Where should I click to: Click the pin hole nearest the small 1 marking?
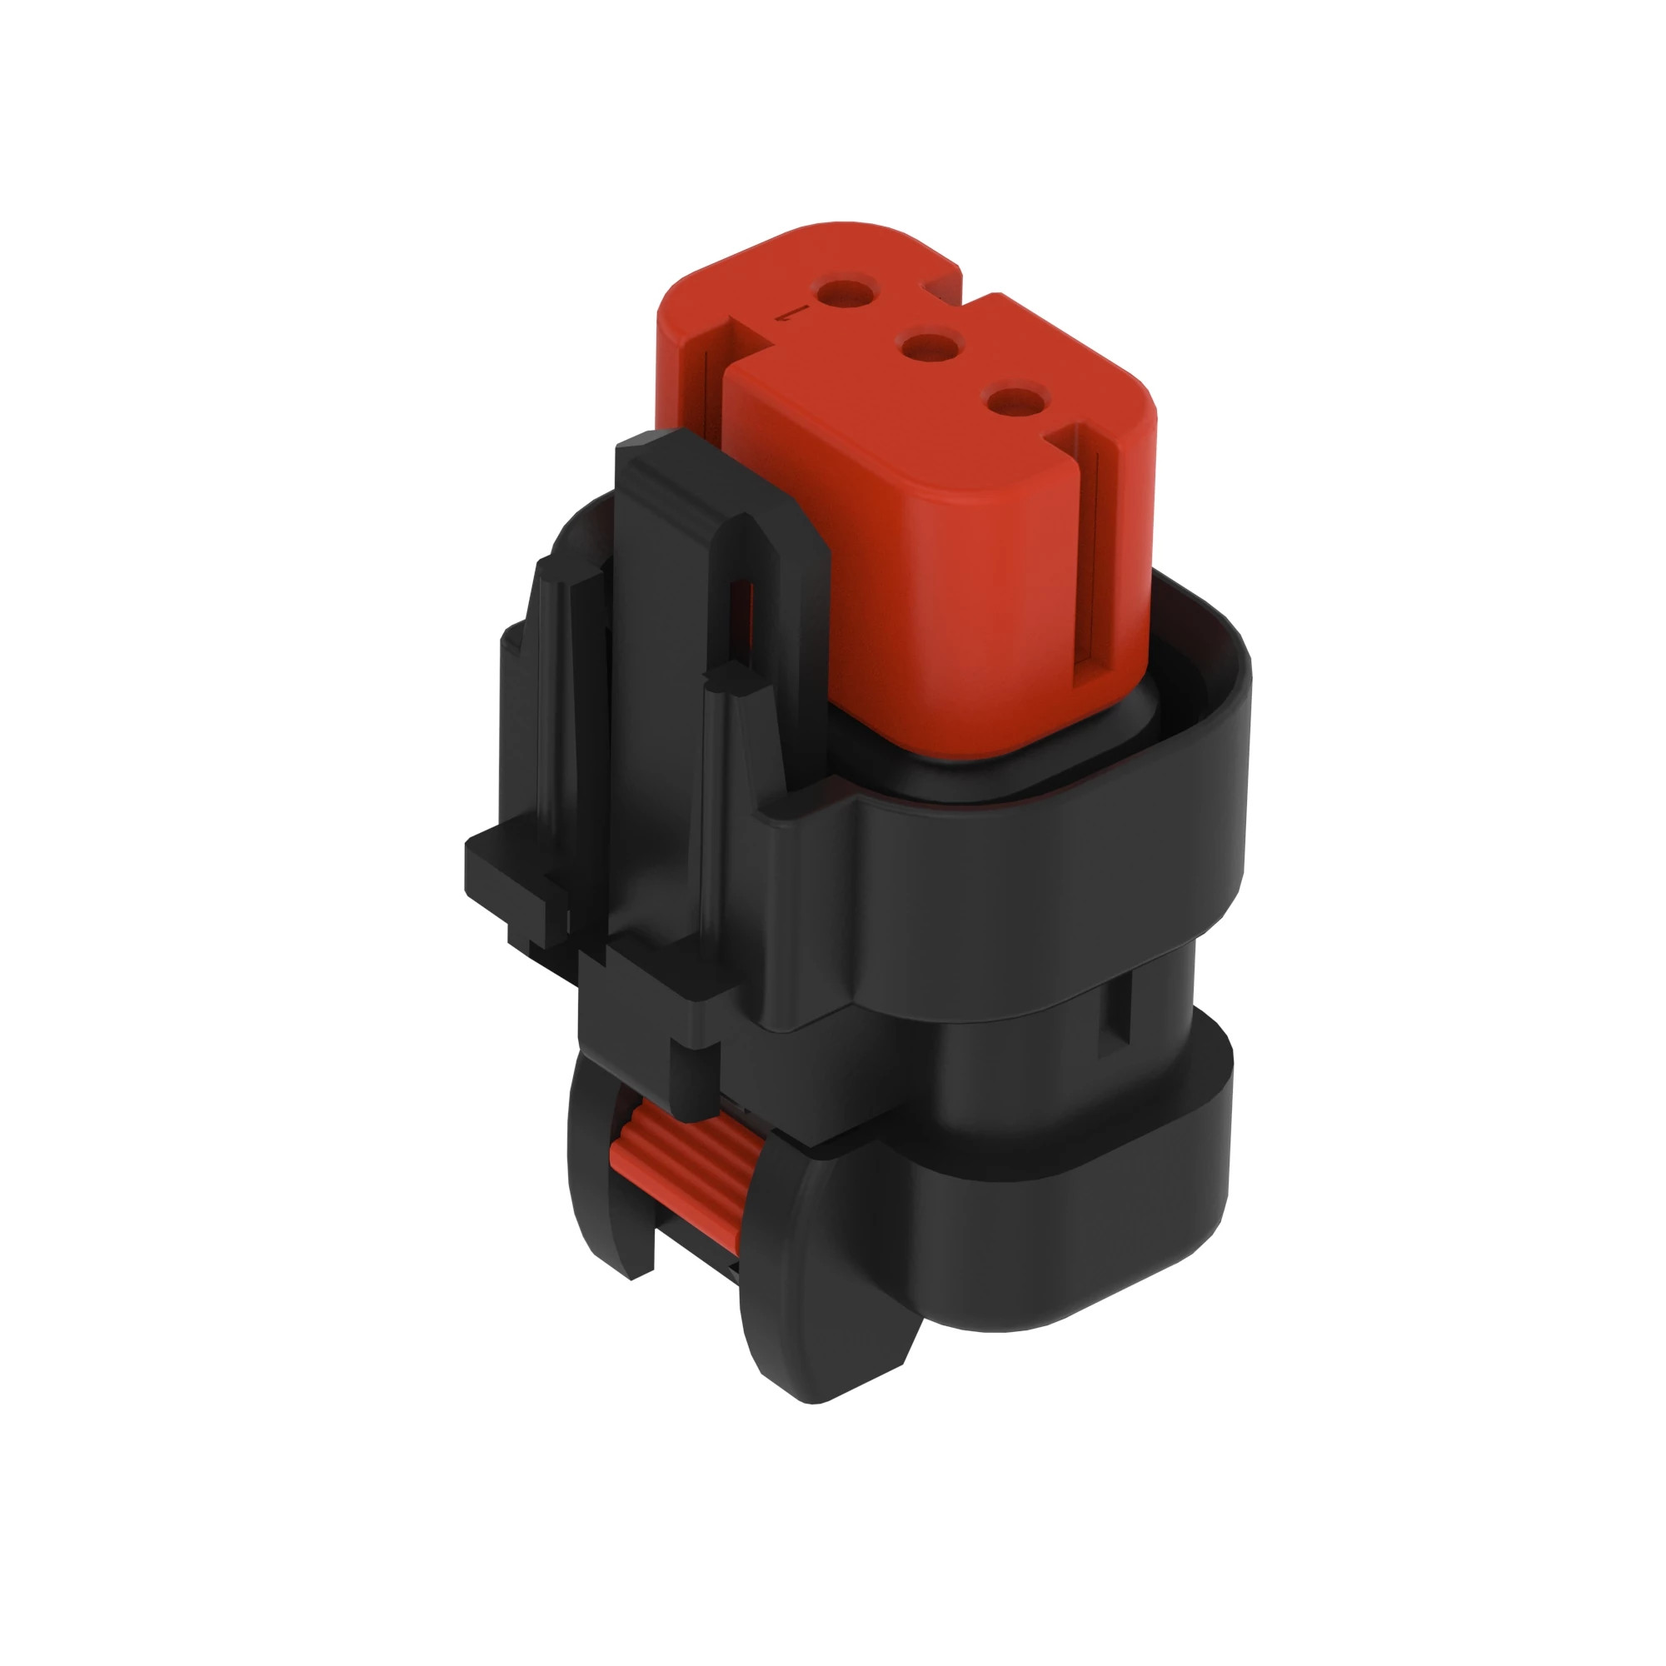849,292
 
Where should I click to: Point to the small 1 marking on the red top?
794,314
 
